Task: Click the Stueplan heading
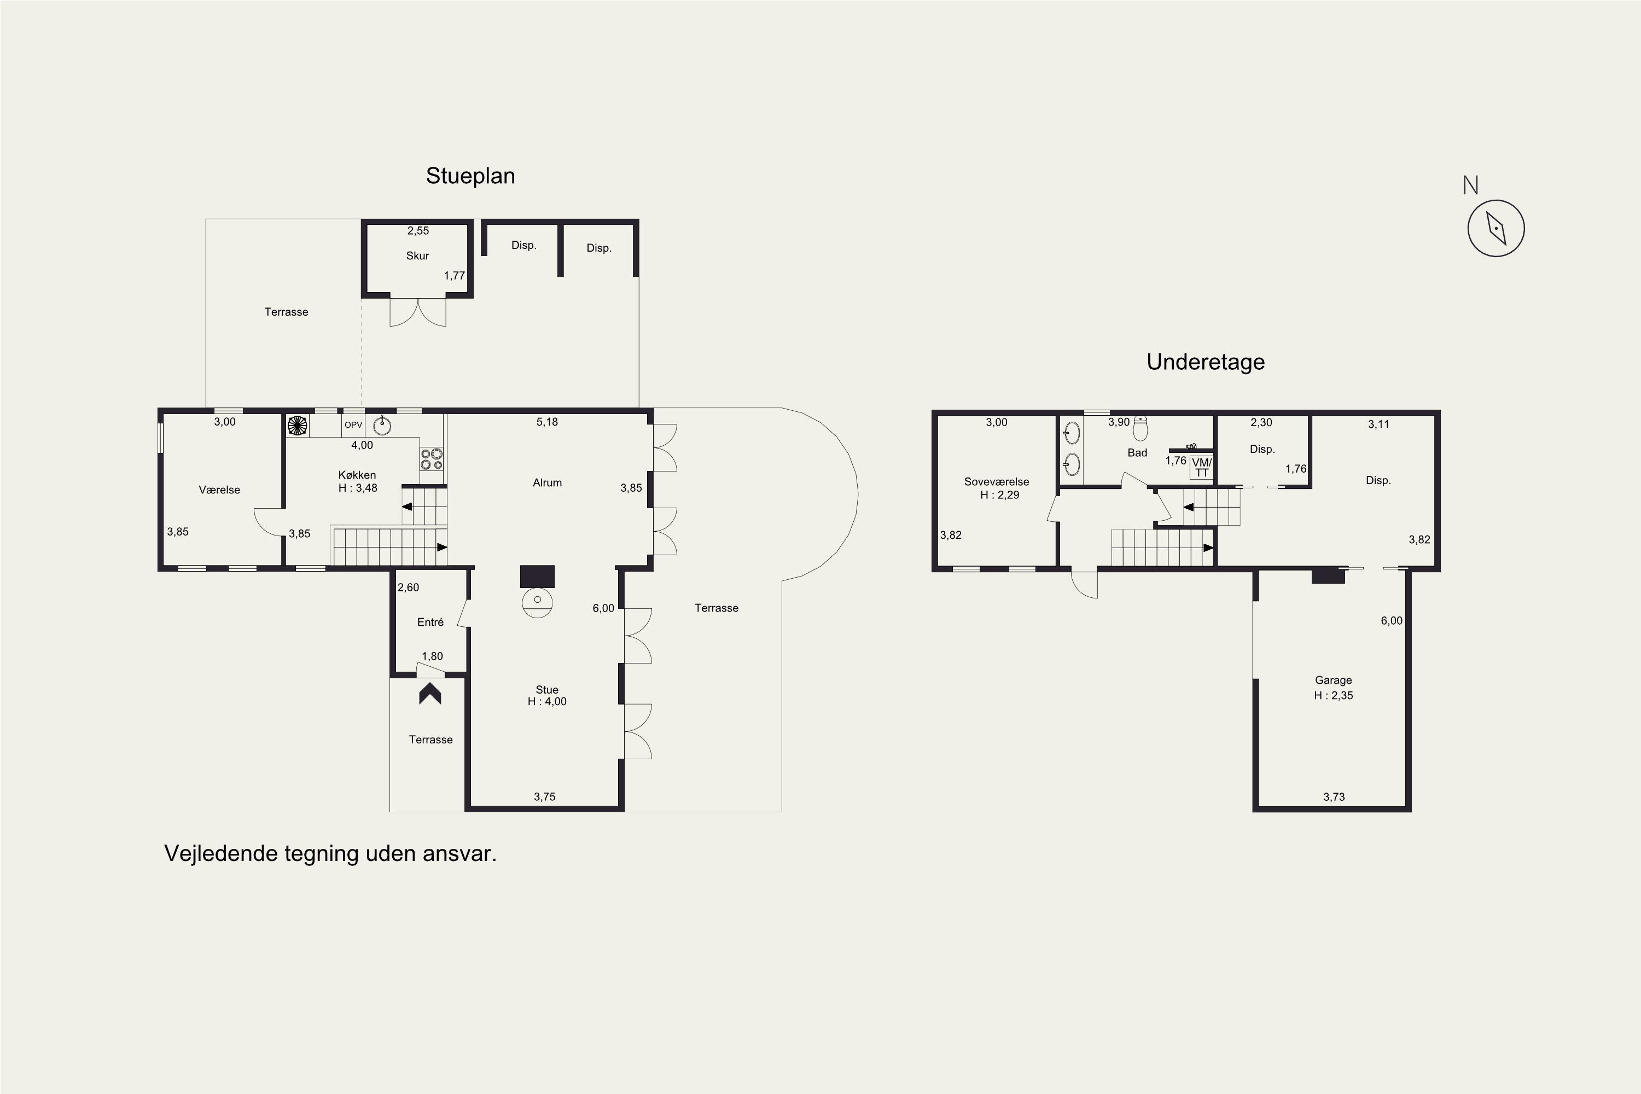tap(470, 176)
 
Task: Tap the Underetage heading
tap(1206, 362)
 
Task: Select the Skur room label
tap(417, 256)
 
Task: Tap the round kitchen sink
tap(382, 425)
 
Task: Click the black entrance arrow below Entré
tap(430, 694)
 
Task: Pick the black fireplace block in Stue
tap(537, 577)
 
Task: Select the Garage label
tap(1334, 680)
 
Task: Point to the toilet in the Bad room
tap(1140, 428)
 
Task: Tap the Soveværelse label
tap(996, 481)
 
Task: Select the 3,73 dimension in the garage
tap(1334, 797)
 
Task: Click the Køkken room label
tap(357, 475)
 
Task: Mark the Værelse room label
tap(219, 490)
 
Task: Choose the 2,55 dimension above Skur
tap(418, 231)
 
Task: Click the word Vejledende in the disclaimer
tap(221, 853)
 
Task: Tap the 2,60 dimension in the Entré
tap(408, 587)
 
